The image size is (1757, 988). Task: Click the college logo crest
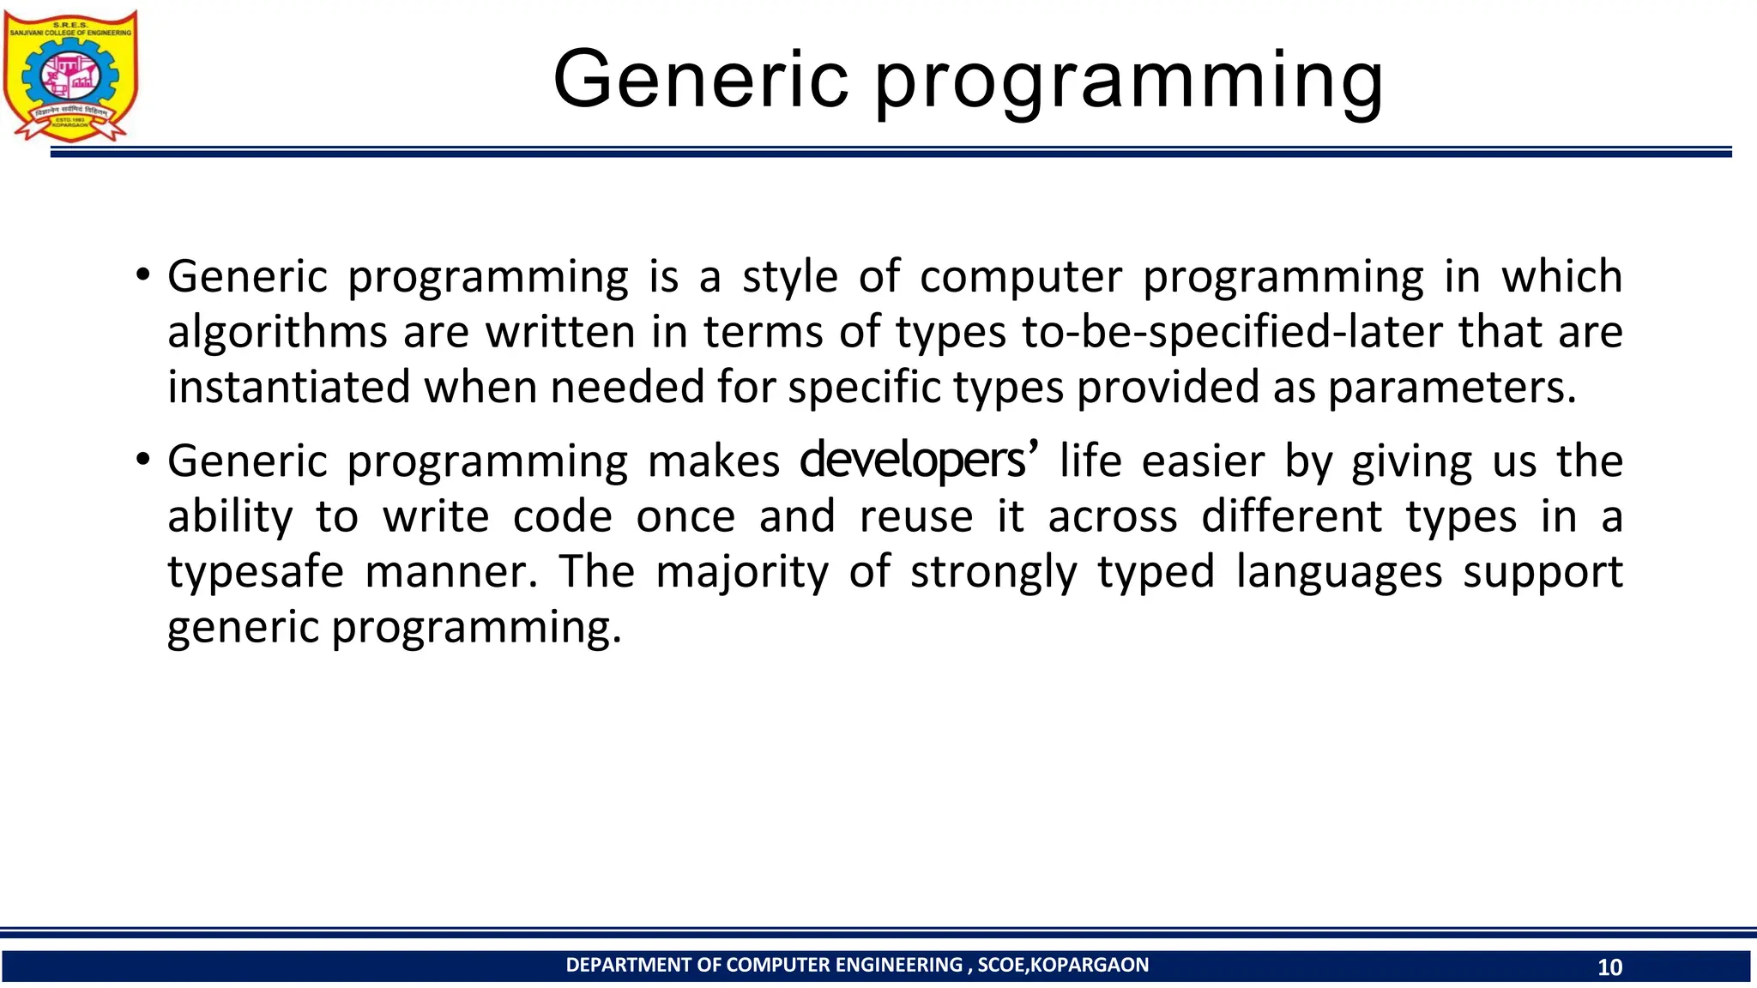point(70,76)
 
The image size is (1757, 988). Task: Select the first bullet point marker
point(143,276)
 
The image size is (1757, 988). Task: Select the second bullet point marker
point(143,461)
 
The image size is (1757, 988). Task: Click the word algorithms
point(277,333)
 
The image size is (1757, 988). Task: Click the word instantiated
point(288,387)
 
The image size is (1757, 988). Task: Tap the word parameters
point(1452,389)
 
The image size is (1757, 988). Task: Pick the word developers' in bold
point(919,461)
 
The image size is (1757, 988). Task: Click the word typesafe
point(255,572)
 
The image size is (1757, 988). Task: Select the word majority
point(742,572)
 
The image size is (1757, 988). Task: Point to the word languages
point(1338,572)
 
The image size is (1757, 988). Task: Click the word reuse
point(916,517)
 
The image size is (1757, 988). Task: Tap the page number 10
point(1609,967)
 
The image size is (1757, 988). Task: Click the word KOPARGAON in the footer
point(1089,965)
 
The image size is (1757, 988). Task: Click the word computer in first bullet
point(1020,278)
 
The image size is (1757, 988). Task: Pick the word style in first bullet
point(789,278)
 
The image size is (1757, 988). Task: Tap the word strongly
point(993,572)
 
